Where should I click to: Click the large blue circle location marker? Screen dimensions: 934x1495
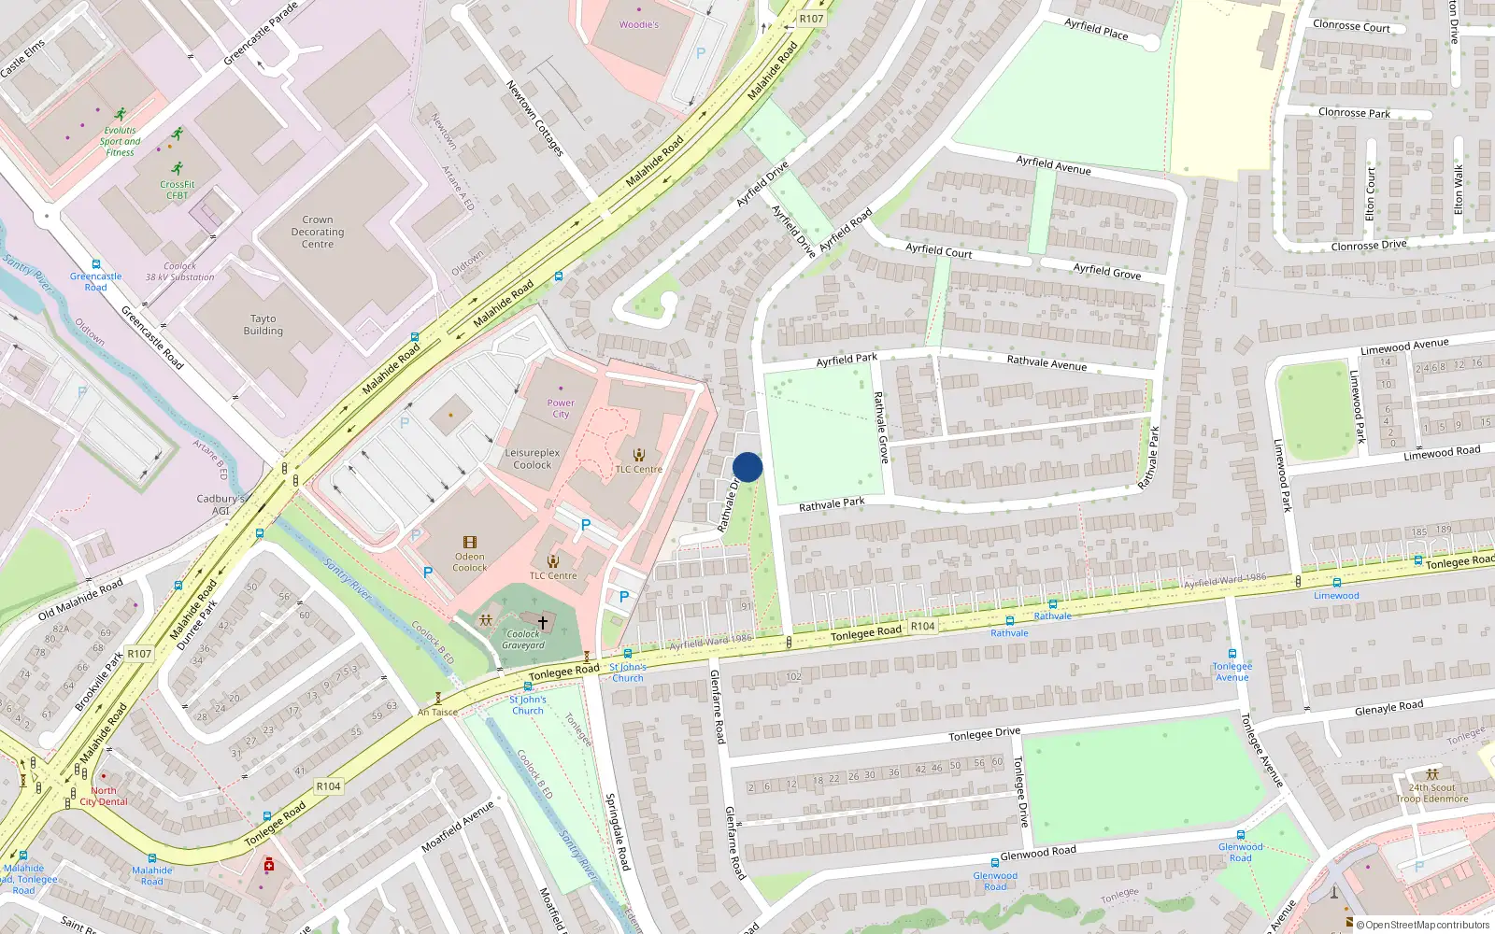pos(747,467)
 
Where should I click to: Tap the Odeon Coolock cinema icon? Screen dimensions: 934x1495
pos(470,543)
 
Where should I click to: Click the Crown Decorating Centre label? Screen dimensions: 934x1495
pos(318,232)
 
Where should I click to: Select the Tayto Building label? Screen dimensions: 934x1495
pos(263,324)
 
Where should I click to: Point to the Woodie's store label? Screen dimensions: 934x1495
pos(639,24)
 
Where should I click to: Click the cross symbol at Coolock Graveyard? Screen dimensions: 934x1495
pos(542,621)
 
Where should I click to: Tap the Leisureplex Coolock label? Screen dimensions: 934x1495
pos(533,459)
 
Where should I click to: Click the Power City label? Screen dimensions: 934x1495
pos(561,408)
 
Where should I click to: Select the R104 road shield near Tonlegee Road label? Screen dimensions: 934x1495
pos(922,626)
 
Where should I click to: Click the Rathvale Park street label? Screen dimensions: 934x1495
pos(832,504)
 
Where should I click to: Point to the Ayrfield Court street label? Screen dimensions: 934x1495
pos(939,250)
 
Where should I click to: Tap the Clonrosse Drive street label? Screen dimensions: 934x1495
pos(1368,246)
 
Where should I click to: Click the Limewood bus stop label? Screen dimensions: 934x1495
pos(1336,595)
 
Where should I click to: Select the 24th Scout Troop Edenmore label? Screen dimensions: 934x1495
pos(1432,793)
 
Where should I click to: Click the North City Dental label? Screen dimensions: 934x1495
pos(104,796)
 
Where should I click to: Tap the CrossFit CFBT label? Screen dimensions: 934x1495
pos(178,190)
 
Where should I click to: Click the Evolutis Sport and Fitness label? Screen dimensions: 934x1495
pos(120,141)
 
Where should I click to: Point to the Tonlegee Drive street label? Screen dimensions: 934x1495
pos(984,734)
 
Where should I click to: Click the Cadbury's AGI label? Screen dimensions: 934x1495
pos(221,504)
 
